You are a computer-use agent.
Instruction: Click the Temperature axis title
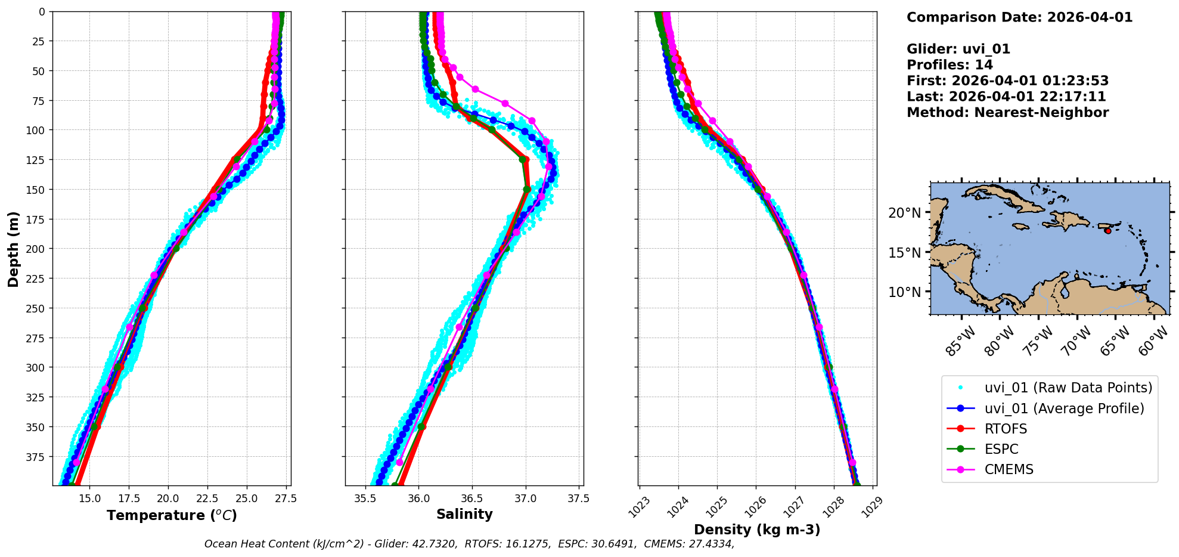[172, 515]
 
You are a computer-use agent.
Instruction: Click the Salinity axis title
[464, 515]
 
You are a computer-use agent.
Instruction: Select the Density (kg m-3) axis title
[757, 530]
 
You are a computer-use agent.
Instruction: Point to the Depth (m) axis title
[13, 249]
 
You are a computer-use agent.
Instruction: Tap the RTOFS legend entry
[1006, 429]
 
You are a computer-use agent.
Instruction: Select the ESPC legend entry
[1001, 449]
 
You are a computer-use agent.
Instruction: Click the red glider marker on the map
[1107, 231]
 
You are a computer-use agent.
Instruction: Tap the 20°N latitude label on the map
[904, 213]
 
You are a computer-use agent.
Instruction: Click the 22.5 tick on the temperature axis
[207, 498]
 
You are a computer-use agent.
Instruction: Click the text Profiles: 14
[950, 65]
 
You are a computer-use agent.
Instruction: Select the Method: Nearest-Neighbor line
[1007, 113]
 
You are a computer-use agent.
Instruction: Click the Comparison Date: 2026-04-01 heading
[1019, 17]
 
